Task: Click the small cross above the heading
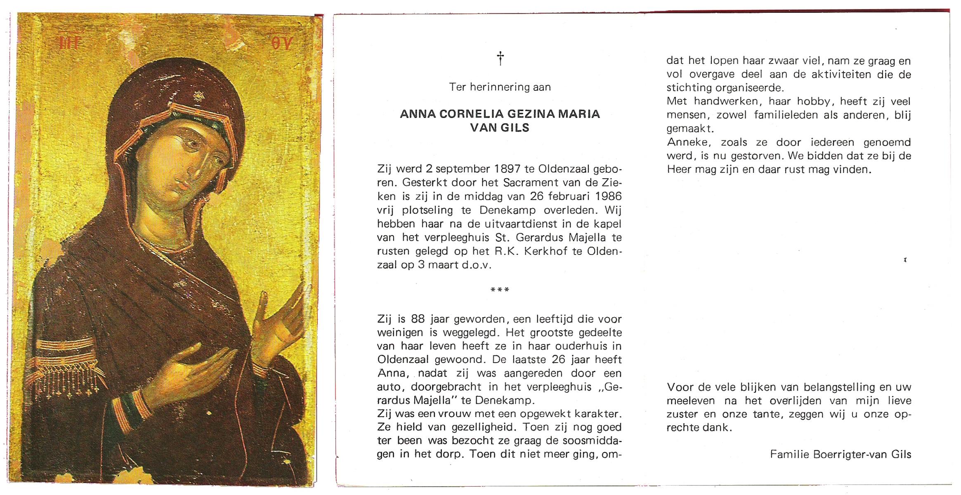(500, 58)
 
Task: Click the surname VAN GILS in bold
(500, 128)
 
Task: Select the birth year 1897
(507, 169)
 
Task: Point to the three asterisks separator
(500, 290)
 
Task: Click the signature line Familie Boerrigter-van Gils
(841, 455)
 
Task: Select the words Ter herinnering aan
(500, 87)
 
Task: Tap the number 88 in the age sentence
(418, 319)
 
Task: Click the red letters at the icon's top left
(68, 42)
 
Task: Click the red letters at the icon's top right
(281, 42)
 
